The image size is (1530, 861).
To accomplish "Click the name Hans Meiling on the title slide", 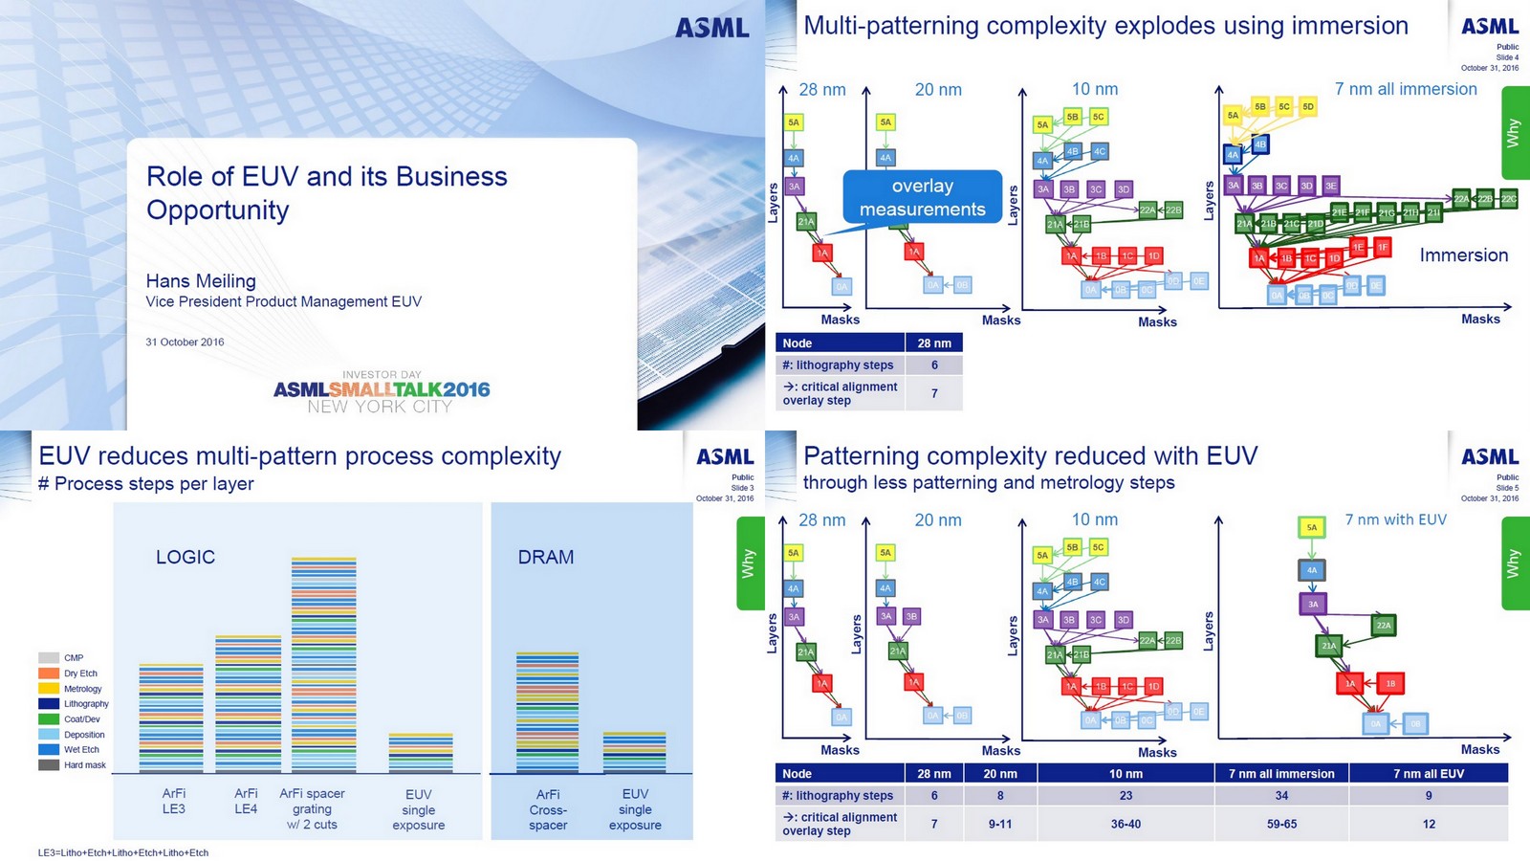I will (201, 281).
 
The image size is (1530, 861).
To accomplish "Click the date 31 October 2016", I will (185, 342).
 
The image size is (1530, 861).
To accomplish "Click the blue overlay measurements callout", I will (922, 198).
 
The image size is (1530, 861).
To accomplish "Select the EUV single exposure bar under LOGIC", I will (420, 753).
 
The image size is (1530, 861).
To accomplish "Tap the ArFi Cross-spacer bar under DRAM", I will (547, 713).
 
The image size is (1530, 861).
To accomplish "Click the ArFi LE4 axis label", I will (246, 802).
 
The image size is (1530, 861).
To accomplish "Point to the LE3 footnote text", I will (123, 852).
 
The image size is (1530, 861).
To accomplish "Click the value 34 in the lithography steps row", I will (1281, 795).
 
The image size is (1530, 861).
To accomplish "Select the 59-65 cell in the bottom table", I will (1281, 824).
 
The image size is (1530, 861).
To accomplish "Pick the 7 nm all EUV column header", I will (1428, 773).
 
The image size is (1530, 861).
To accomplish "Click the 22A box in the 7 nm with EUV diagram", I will (1383, 626).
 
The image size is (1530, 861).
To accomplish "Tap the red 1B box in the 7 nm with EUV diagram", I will (1390, 683).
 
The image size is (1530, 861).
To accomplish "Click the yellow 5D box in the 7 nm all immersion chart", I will (1307, 106).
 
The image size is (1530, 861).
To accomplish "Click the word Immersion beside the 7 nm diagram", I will (1463, 255).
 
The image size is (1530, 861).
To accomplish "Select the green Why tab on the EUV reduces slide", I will (749, 563).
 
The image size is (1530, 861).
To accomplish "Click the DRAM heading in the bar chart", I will (545, 557).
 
